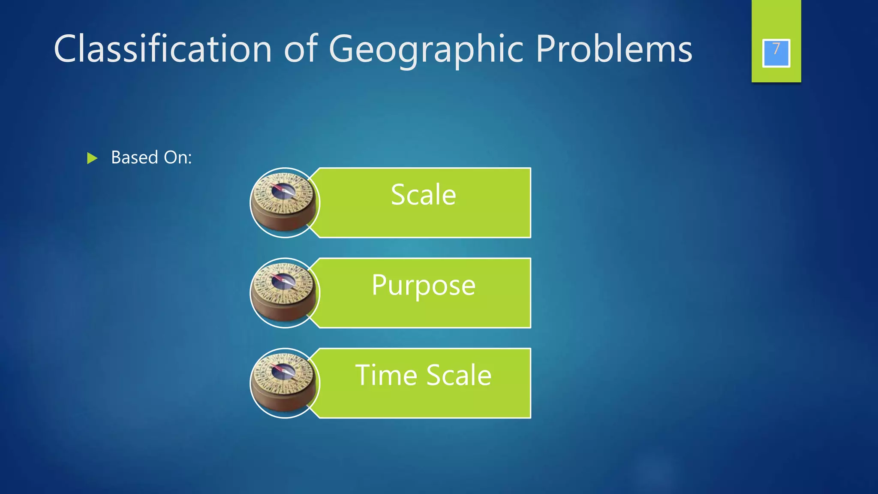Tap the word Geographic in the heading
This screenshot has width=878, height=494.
[426, 50]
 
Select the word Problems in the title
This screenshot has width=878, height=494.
[614, 49]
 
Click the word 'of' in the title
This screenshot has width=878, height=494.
[301, 49]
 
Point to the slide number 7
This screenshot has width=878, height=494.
[776, 49]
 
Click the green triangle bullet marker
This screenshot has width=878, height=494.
[92, 158]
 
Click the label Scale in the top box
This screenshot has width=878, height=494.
[423, 195]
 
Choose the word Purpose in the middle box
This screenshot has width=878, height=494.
[423, 286]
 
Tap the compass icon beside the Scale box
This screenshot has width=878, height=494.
[285, 203]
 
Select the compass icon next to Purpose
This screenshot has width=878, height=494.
[285, 293]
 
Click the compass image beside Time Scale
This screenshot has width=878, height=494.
[285, 383]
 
